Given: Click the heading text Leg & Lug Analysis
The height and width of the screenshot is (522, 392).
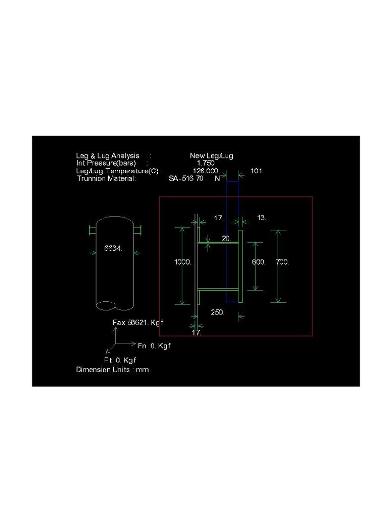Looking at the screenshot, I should coord(108,155).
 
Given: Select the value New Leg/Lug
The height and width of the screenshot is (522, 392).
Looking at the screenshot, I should coord(211,155).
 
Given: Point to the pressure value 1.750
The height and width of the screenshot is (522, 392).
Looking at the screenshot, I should coord(205,163).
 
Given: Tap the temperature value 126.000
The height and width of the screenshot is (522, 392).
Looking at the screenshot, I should coord(205,171).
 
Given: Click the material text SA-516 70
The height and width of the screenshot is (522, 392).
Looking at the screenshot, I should coord(186,178).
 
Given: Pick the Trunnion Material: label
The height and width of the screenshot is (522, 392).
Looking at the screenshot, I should coord(107,178).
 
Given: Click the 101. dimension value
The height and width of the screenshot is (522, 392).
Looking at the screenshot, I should coord(257,171).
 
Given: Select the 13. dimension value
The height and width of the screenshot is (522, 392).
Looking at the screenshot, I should coord(261,218).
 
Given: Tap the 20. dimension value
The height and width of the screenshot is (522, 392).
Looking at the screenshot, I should coord(227,238).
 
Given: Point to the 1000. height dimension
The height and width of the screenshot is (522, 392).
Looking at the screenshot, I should coord(183,262).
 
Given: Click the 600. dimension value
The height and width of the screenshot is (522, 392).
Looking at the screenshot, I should coord(259,262).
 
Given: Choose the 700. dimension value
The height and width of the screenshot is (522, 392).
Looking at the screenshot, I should coord(282,262).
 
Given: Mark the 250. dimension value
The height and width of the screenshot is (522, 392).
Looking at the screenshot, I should coord(218,312).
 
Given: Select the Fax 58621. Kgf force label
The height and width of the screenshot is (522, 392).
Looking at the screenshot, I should coord(138,323).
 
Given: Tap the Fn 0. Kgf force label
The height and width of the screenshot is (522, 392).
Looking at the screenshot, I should coord(154,346).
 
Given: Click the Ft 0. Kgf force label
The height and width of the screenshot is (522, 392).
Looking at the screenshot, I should coord(120,360).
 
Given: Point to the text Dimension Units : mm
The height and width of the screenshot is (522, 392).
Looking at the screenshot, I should coord(112,370).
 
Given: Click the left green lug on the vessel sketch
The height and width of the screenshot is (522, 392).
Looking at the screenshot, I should coord(92,230).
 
